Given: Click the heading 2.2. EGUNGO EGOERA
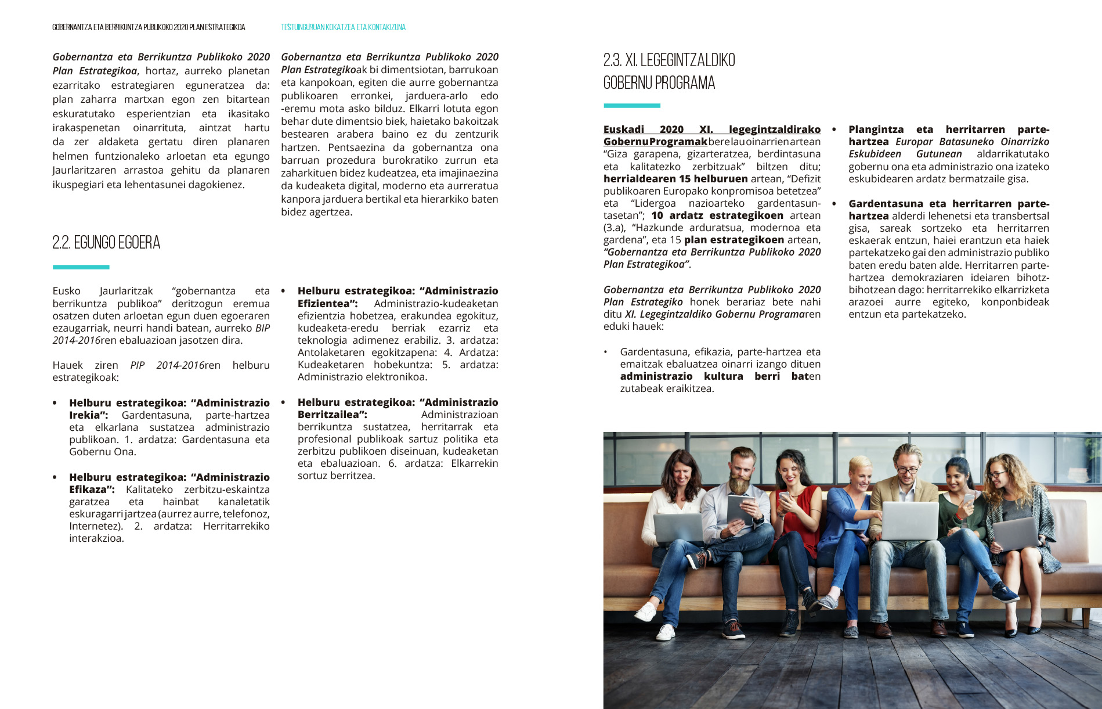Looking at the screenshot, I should coord(106,242).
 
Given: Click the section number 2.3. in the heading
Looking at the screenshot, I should coord(612,60).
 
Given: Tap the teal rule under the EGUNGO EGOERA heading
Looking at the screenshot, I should coord(81,267).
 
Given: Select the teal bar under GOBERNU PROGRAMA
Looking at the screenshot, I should coord(631,106).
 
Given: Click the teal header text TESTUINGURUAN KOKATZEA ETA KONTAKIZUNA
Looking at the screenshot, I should coord(343,27).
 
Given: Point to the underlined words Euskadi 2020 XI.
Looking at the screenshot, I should coord(658,129).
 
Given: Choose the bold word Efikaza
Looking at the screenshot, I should coord(89,490).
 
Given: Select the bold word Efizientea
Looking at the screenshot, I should coord(326,304).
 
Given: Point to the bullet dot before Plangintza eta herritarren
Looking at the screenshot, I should coord(834,129).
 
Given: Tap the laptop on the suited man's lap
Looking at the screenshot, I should coord(909,520).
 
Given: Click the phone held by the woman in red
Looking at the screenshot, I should coord(783,497).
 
